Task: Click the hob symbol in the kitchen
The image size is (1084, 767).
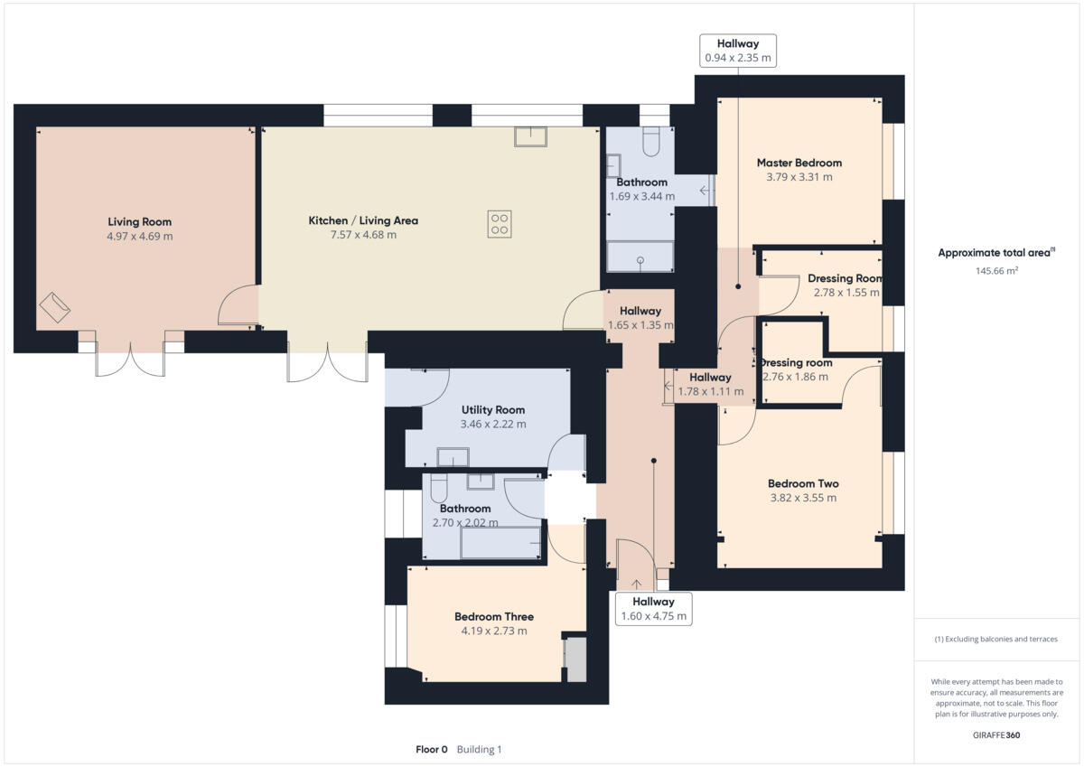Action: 500,223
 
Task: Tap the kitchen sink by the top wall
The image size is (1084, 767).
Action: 531,136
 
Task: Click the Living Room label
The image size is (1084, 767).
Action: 139,221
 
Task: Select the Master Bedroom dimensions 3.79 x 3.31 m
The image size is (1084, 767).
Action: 799,177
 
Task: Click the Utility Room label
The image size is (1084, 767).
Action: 492,409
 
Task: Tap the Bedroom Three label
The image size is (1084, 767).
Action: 493,617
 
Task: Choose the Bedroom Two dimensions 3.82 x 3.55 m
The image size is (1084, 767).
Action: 802,498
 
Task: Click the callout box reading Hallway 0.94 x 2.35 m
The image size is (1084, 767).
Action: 738,51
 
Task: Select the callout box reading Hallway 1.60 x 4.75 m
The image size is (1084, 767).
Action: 653,609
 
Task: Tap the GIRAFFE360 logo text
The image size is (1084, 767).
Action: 996,734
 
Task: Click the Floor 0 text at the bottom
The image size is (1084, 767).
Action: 431,749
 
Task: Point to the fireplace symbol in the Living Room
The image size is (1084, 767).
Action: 54,307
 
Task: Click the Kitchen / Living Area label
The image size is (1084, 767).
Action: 363,220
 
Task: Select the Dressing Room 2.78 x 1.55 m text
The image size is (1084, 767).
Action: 844,285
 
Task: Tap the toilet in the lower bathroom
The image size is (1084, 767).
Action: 439,488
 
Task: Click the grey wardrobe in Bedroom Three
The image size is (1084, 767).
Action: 575,659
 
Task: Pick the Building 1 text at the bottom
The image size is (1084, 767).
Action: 479,749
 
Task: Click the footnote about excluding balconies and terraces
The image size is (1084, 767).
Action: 995,639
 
